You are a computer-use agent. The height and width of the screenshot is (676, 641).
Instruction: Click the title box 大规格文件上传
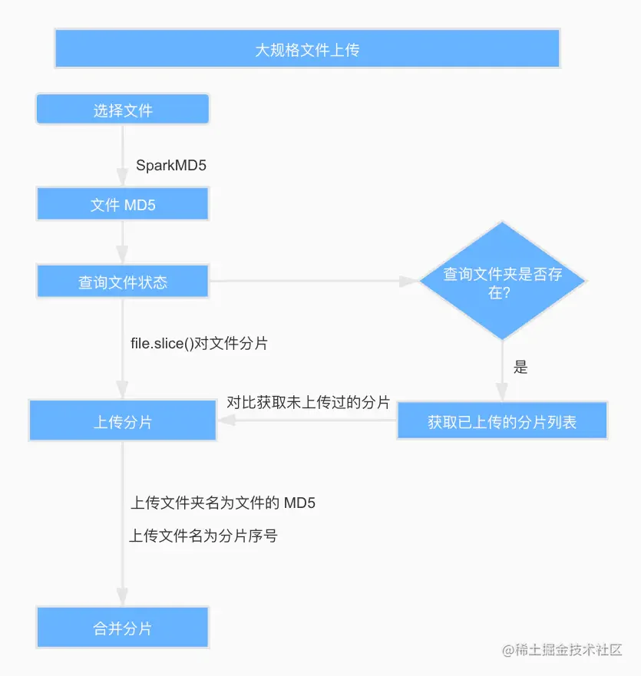pos(308,48)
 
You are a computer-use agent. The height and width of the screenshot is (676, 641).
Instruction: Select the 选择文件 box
pos(123,110)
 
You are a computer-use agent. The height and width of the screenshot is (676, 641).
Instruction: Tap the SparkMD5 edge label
pos(171,165)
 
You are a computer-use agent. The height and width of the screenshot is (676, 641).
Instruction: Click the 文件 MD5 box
pos(123,204)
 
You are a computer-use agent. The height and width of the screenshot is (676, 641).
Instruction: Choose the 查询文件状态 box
pos(123,282)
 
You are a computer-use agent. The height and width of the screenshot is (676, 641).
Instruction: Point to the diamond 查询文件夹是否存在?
pos(502,281)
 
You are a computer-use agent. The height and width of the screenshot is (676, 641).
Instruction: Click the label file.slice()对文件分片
pos(200,344)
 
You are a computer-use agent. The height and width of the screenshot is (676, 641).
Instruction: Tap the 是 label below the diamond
pos(520,368)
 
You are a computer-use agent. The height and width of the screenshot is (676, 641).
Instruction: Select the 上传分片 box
pos(123,420)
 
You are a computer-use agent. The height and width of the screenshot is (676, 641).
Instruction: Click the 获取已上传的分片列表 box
pos(502,420)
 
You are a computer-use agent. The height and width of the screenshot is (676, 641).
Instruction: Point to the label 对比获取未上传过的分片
pos(309,402)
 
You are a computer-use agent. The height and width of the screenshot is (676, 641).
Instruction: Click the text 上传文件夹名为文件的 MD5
pos(223,503)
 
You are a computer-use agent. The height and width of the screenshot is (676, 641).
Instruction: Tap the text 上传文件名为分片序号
pos(203,536)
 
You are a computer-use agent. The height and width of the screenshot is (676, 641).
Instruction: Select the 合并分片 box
pos(123,628)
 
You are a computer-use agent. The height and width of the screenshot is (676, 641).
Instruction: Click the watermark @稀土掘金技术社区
pos(562,650)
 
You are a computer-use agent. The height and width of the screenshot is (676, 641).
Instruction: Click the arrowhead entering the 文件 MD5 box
pos(123,177)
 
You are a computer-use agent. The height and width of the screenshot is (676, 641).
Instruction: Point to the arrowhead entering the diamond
pos(409,281)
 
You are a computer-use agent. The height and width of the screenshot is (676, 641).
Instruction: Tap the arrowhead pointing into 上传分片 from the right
pos(226,420)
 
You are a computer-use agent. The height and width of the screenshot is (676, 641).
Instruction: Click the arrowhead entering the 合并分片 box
pos(123,598)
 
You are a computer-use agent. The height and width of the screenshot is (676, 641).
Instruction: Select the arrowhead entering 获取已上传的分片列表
pos(502,392)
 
